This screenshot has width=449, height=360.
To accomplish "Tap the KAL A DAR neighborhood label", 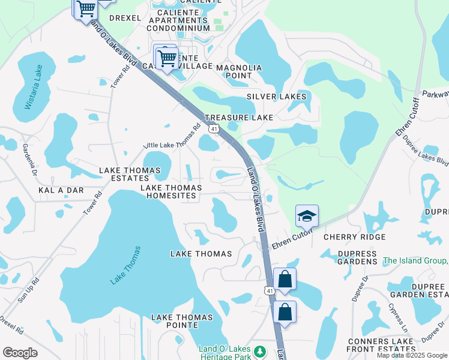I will [x=61, y=190].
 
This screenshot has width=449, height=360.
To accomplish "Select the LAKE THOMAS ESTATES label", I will [x=130, y=174].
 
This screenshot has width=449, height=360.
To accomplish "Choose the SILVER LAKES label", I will [x=277, y=97].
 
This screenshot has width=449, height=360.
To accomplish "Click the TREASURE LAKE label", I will [x=239, y=118].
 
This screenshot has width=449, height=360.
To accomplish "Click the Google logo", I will [x=20, y=352].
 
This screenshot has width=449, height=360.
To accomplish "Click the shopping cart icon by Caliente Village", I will [x=167, y=58].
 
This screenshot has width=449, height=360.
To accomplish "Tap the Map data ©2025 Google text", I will [x=412, y=355].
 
